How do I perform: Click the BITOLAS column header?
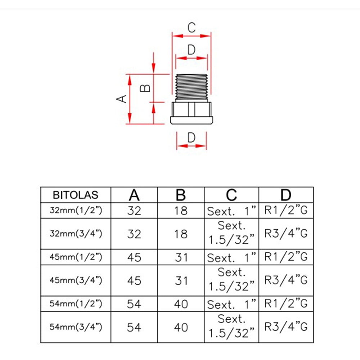[x=75, y=195]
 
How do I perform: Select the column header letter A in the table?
[x=134, y=195]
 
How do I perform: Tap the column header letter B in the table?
[x=181, y=195]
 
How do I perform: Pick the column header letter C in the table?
[x=231, y=195]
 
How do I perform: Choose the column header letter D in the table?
[x=286, y=195]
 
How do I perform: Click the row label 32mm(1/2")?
[x=76, y=211]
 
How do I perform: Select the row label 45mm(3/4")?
[x=76, y=280]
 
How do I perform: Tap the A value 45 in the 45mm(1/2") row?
[x=134, y=257]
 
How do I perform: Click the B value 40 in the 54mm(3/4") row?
[x=181, y=327]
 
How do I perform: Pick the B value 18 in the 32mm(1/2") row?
[x=181, y=211]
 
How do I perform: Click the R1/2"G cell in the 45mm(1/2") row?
[x=286, y=257]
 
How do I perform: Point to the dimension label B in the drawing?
[x=145, y=88]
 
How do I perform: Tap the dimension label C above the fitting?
[x=192, y=28]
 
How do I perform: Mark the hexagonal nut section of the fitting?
[x=191, y=109]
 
